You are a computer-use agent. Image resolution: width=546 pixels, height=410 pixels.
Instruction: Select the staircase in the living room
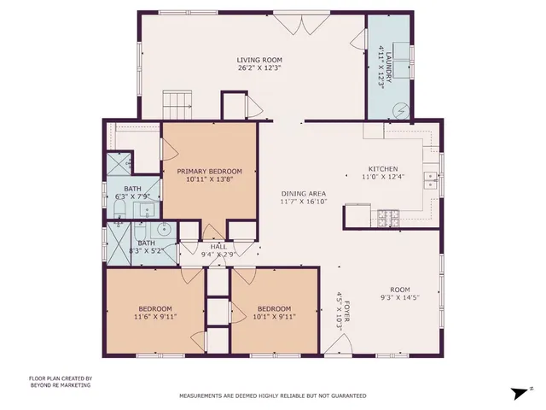175,105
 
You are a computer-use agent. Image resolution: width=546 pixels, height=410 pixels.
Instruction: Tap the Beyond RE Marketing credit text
60,385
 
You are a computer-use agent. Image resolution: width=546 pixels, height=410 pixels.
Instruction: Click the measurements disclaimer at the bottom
272,396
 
